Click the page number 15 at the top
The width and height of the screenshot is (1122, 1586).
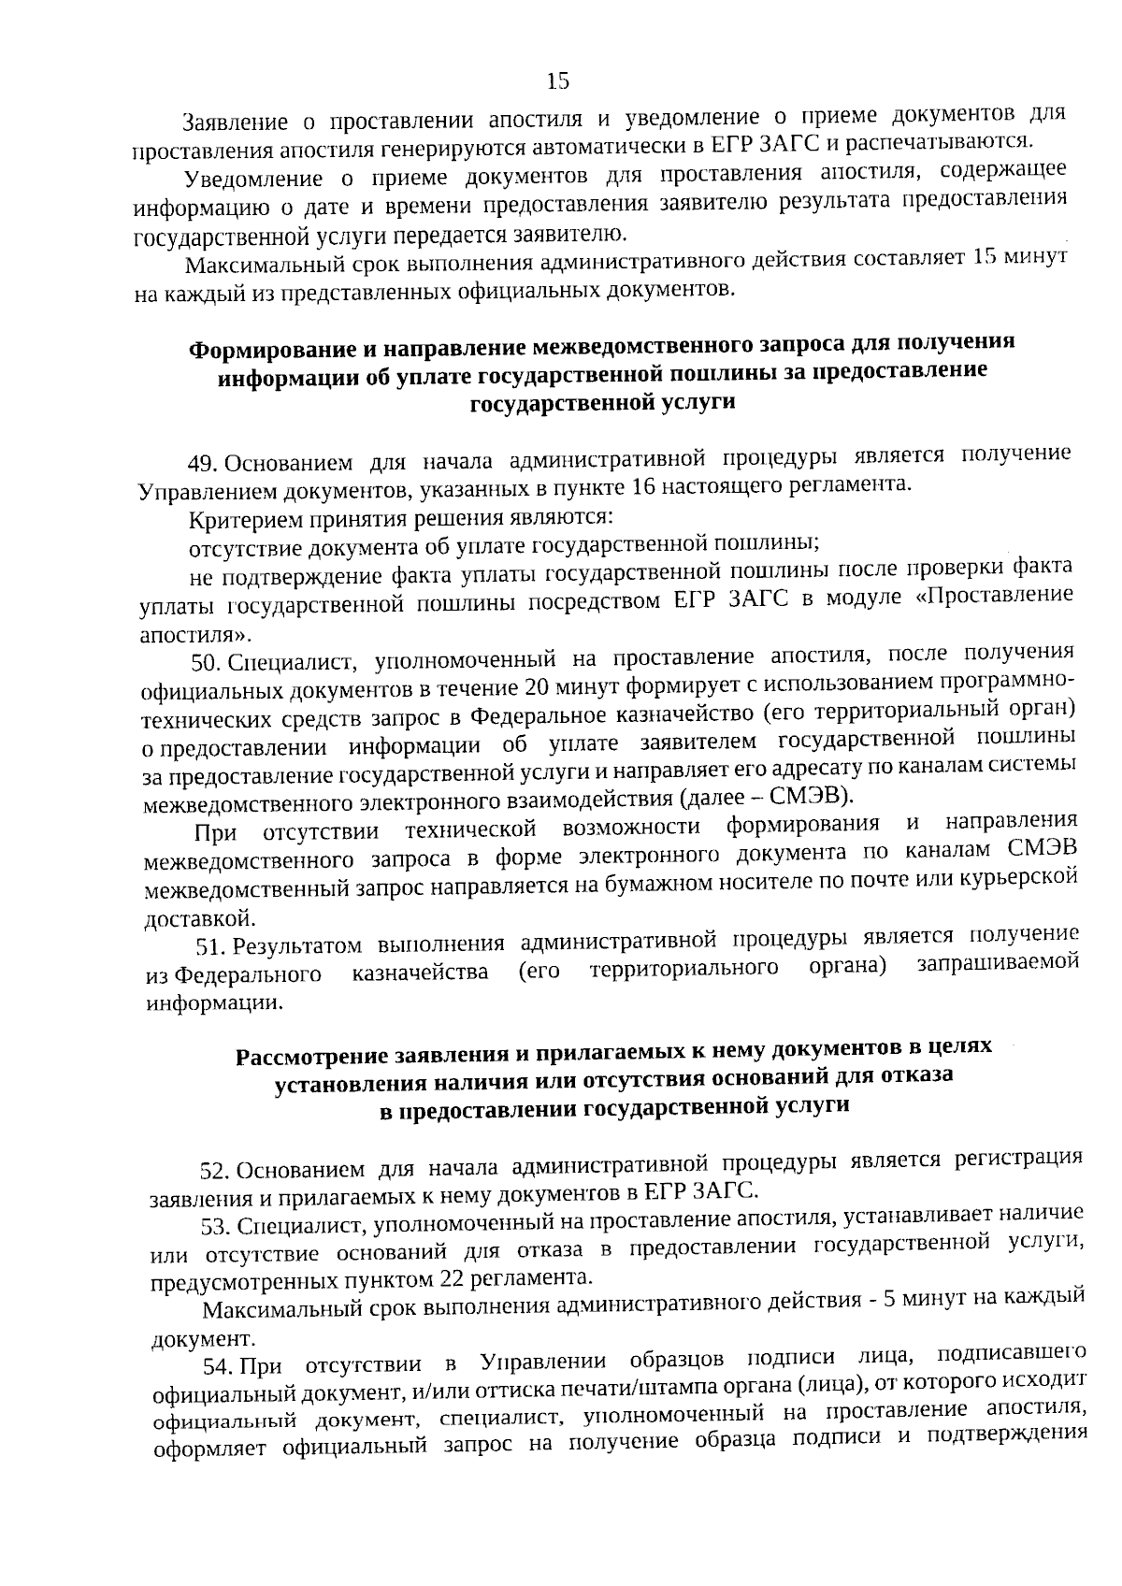coord(557,81)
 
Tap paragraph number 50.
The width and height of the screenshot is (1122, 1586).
coord(206,663)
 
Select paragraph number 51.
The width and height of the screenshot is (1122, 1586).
coord(210,946)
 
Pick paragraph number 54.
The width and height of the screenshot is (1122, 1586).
coord(219,1367)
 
